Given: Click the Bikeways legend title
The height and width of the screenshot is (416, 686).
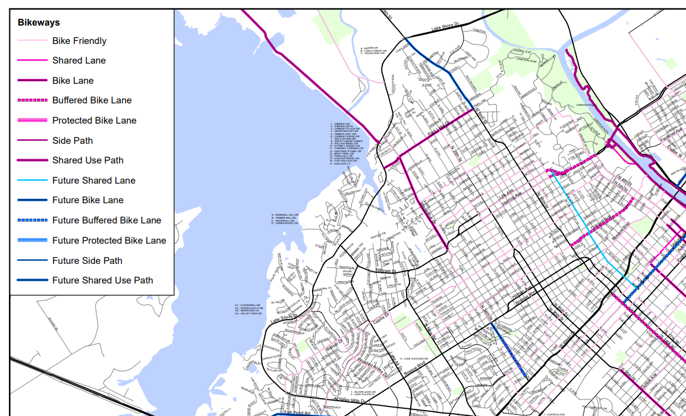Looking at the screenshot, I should (x=39, y=23).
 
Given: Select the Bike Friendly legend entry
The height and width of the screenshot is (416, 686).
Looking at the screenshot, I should (x=79, y=41).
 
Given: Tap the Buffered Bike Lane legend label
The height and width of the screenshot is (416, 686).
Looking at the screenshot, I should (x=92, y=100).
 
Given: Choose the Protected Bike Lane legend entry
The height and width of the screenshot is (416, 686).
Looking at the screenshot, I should (x=94, y=121).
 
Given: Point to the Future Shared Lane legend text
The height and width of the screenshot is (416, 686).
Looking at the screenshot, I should (x=93, y=181).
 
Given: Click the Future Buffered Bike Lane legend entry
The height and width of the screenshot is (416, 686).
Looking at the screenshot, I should (x=106, y=220).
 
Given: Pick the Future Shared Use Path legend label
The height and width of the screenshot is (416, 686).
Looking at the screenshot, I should (x=102, y=281).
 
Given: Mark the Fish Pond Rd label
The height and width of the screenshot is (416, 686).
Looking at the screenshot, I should (x=297, y=412).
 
